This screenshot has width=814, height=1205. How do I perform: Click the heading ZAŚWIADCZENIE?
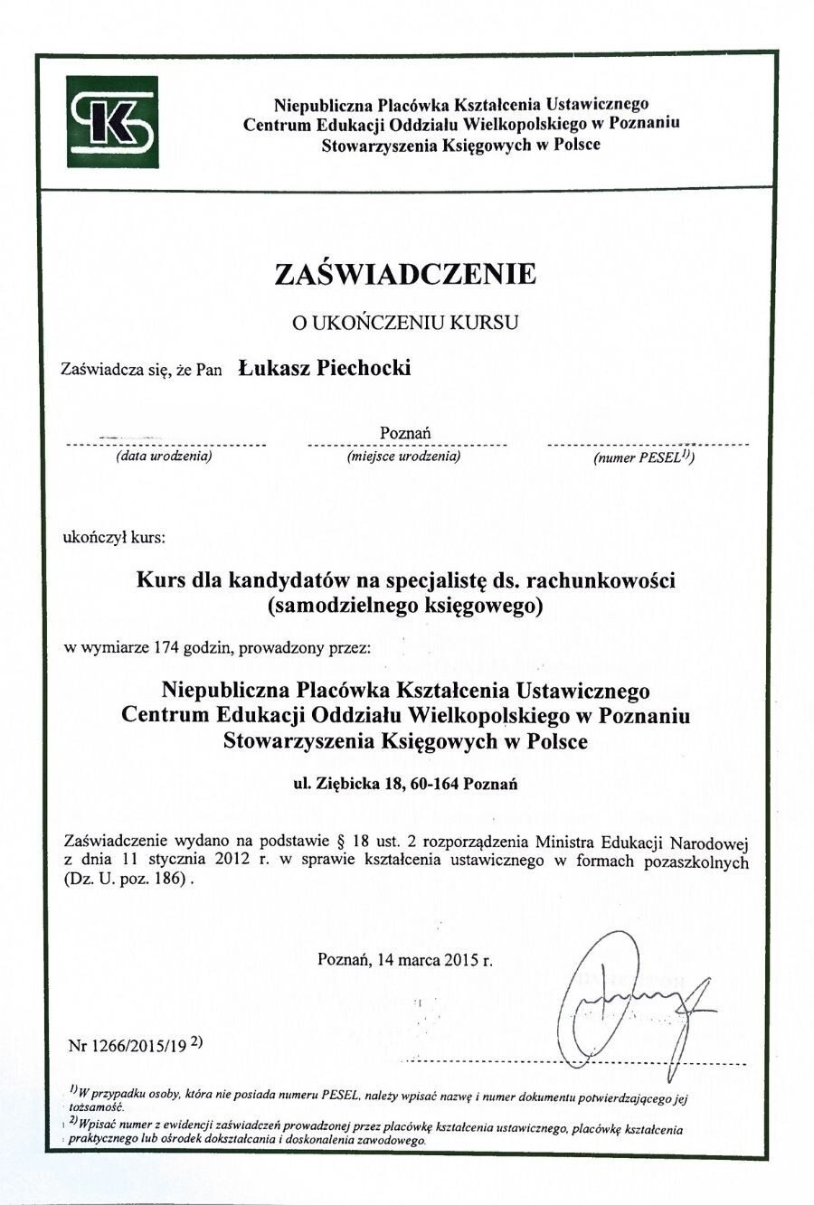click(406, 274)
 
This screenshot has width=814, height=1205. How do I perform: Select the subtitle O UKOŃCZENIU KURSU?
click(405, 323)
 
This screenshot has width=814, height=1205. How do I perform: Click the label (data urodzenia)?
click(163, 457)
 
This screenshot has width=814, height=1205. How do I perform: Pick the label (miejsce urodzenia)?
click(403, 457)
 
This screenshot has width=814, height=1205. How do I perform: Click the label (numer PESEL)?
click(643, 458)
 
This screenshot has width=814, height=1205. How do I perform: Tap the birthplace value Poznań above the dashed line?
click(405, 433)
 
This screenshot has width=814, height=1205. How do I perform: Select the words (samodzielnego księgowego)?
click(406, 606)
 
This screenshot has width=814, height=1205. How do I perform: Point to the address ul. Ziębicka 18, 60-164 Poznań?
click(405, 784)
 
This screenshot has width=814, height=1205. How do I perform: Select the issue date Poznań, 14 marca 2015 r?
click(405, 960)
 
